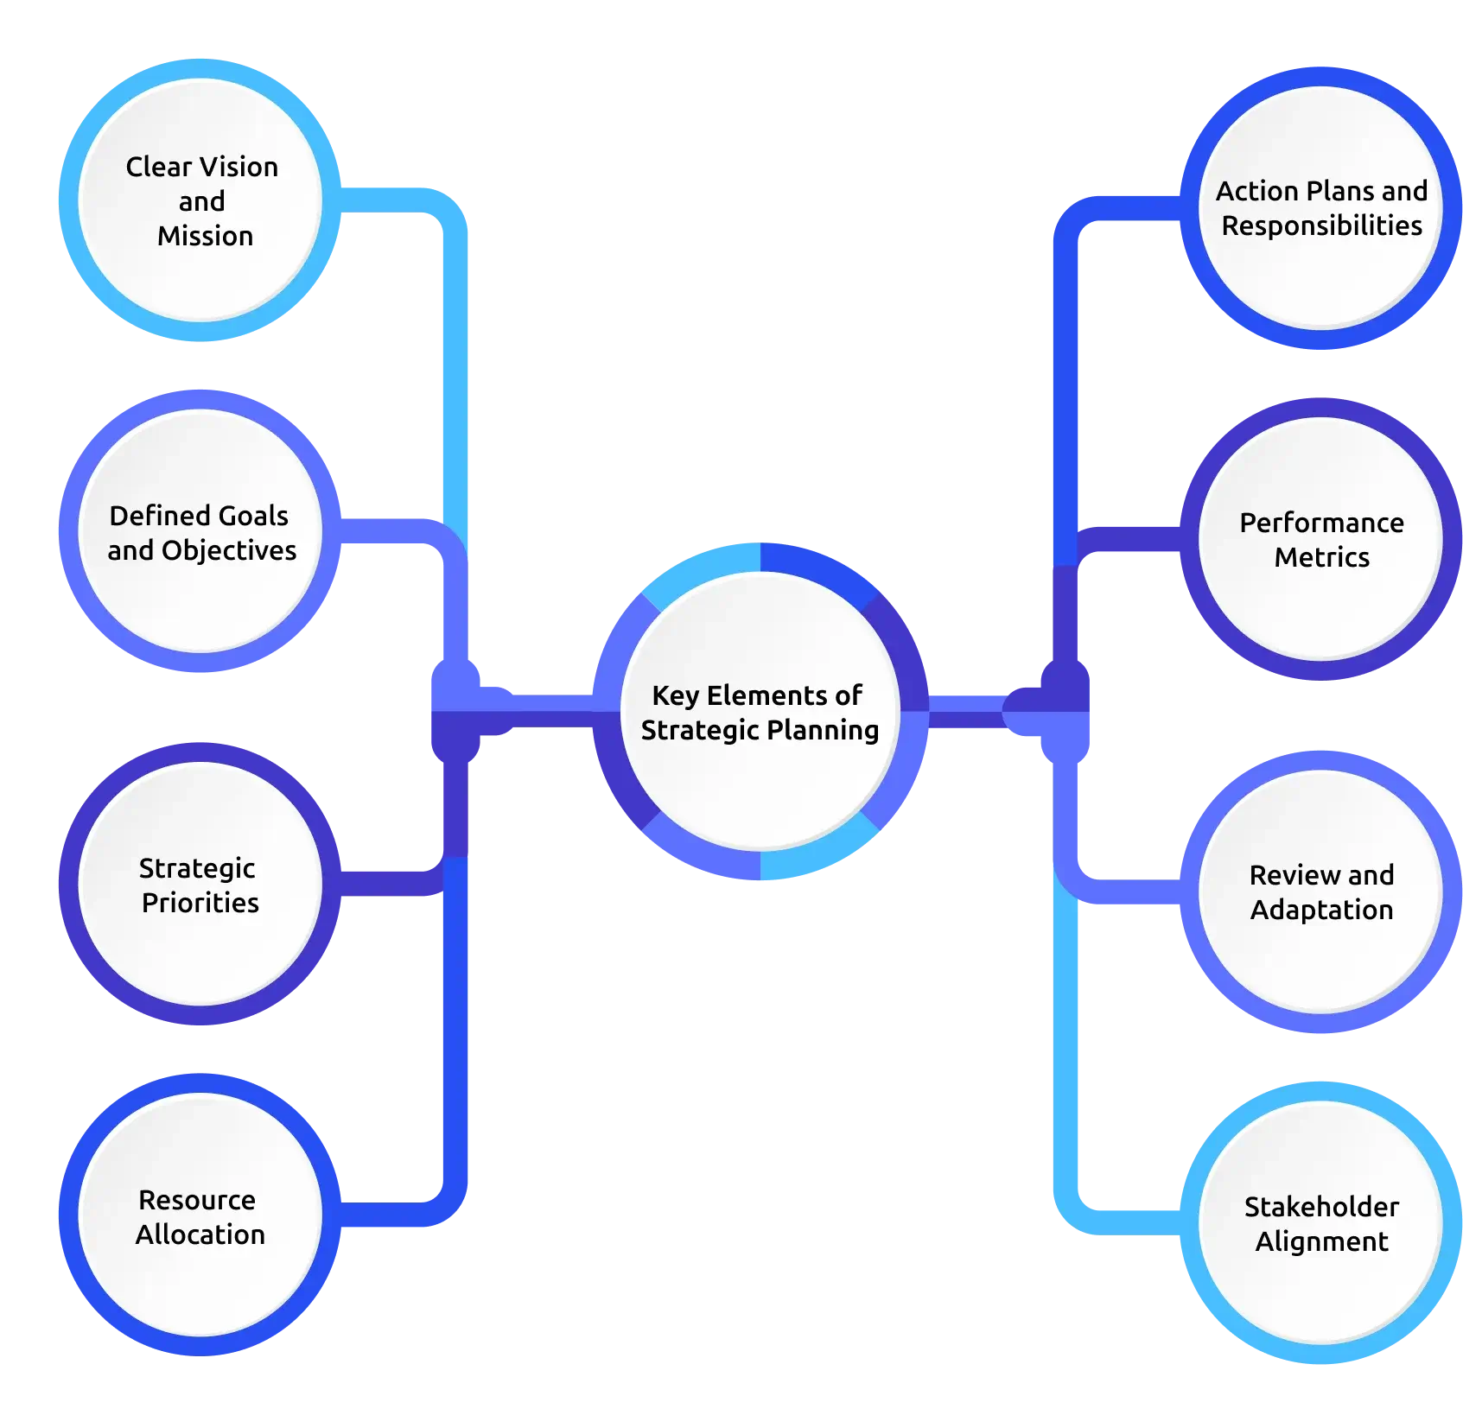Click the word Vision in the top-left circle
238,167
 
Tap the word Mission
205,236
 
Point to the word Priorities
200,903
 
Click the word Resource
197,1200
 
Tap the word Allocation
200,1234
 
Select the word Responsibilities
1321,225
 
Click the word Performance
1321,523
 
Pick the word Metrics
1321,557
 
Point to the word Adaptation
1321,910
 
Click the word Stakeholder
1321,1207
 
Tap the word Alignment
1321,1241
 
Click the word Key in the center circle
675,695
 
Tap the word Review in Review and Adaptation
1284,875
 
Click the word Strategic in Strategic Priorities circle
197,868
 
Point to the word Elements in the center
760,695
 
